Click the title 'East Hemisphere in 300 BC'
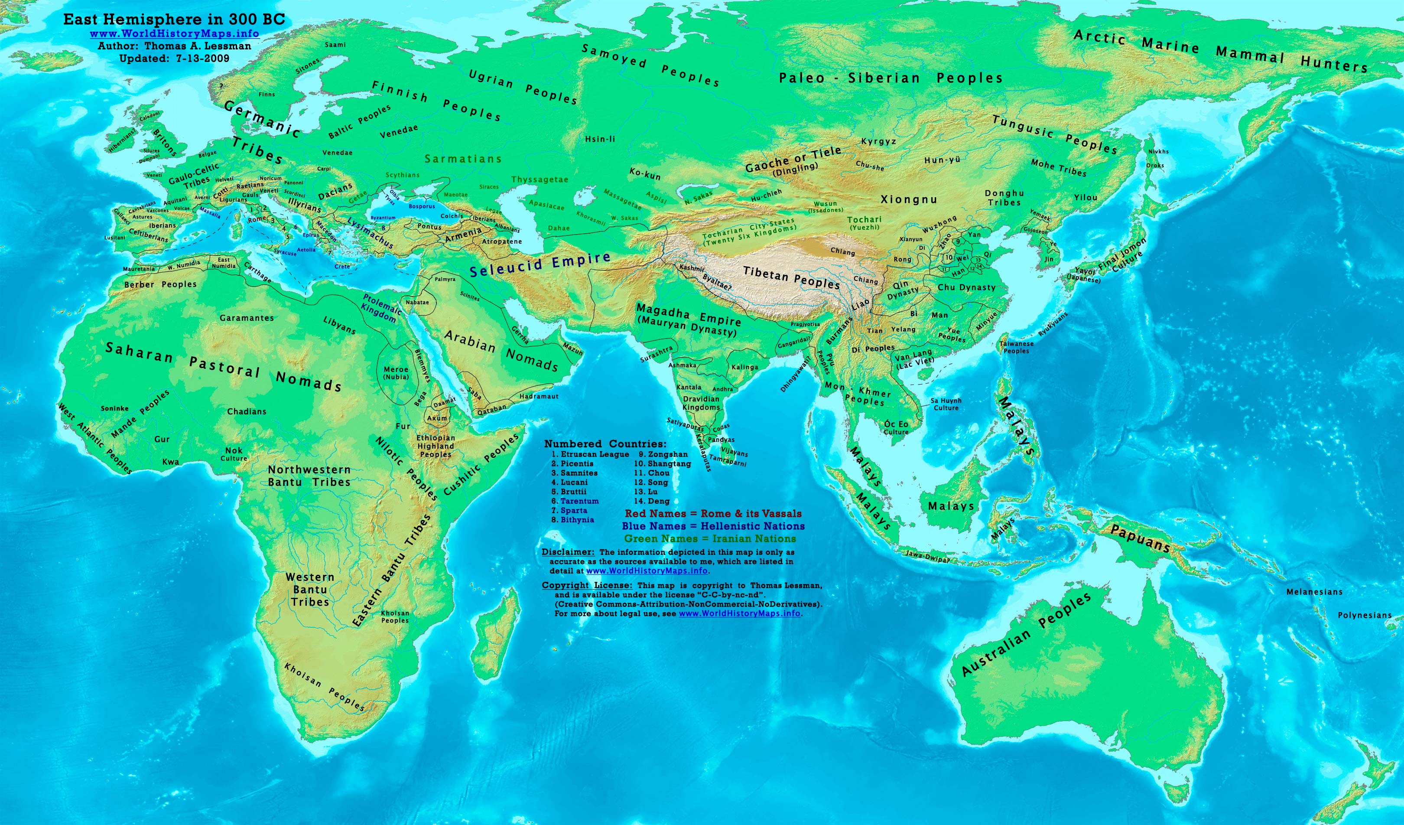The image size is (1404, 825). click(174, 20)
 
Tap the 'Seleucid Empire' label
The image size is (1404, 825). click(540, 264)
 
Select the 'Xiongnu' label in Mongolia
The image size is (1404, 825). click(908, 199)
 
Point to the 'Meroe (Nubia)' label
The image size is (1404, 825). click(396, 373)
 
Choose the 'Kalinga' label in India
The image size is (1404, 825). click(744, 367)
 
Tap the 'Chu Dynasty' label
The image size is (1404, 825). click(966, 287)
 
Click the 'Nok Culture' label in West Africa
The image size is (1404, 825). click(234, 454)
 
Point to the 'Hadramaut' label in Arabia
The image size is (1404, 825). click(539, 396)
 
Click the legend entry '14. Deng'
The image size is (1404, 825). click(651, 501)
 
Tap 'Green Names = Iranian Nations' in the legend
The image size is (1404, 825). click(710, 538)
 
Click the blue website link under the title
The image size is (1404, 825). click(174, 33)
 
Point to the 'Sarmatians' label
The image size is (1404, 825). click(463, 159)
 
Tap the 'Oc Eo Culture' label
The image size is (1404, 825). click(896, 427)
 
